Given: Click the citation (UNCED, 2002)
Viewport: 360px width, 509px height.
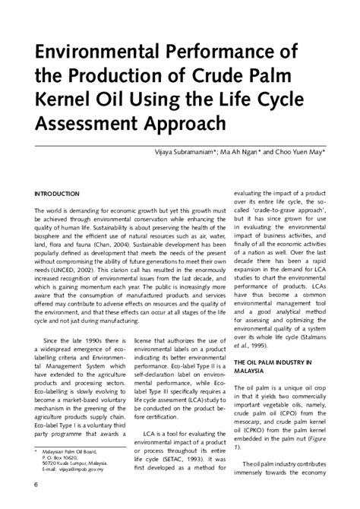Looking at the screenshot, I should (65, 268).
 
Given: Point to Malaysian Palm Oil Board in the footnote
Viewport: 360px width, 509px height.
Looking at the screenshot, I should (72, 451).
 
